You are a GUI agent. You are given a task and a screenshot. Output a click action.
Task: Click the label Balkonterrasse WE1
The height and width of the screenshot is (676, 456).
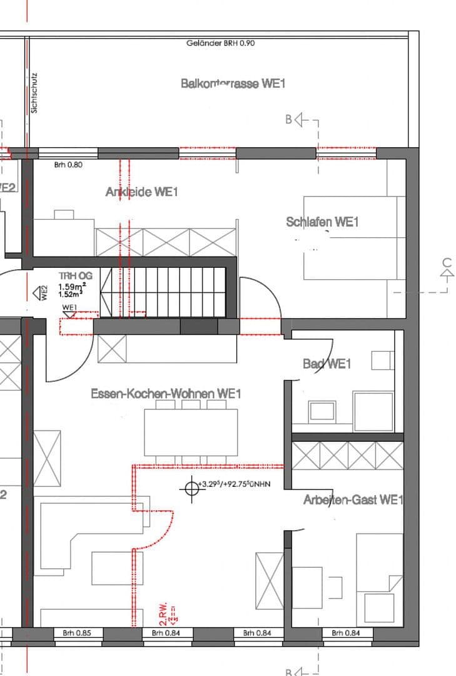(233, 83)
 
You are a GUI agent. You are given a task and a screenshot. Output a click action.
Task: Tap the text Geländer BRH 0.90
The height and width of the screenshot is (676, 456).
(220, 43)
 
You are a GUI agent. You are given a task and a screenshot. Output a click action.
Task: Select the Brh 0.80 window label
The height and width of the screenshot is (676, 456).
(68, 165)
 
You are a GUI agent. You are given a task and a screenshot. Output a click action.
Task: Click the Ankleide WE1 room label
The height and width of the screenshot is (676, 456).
(141, 192)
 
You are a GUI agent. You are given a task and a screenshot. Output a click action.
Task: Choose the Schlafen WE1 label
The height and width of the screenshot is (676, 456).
(322, 222)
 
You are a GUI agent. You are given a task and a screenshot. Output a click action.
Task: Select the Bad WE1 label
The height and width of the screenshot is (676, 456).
(327, 364)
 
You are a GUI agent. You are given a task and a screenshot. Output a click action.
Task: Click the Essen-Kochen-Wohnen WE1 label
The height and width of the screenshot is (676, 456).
(166, 394)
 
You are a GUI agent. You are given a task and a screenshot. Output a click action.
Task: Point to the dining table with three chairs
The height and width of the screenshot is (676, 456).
(191, 432)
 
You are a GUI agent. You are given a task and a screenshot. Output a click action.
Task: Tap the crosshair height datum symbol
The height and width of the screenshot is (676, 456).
(190, 488)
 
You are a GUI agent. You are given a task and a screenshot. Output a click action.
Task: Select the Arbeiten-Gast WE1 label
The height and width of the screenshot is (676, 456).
(353, 500)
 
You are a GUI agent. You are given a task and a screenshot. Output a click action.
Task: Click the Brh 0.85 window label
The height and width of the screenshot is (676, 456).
(76, 633)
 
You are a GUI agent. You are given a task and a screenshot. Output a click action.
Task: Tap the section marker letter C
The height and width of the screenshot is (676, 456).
(447, 263)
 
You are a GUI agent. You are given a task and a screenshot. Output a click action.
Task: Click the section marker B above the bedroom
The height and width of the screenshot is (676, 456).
(290, 119)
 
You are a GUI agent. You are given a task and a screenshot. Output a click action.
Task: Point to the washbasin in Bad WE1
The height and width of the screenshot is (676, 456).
(322, 411)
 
